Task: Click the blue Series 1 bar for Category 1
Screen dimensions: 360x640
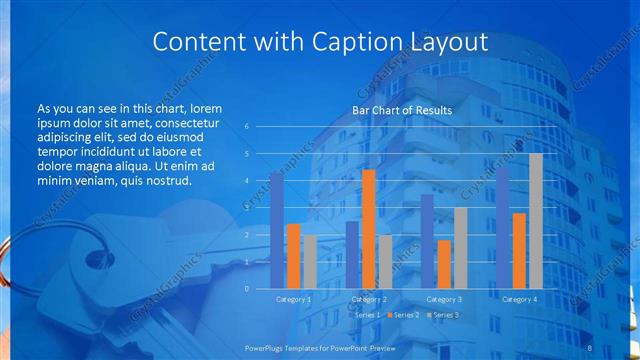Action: click(276, 230)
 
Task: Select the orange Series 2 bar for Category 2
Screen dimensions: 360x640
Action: click(368, 229)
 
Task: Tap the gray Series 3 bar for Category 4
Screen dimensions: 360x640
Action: click(535, 221)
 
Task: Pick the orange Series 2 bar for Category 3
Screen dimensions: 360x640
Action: click(443, 264)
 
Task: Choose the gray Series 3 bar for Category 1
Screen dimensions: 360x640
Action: click(310, 262)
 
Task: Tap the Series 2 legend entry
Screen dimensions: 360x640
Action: click(403, 315)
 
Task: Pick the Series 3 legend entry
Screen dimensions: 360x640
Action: click(442, 315)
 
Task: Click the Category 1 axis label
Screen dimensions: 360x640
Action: click(293, 299)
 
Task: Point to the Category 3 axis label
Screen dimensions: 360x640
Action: click(443, 299)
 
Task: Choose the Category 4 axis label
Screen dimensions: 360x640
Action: click(518, 299)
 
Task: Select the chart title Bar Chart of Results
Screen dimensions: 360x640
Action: click(402, 110)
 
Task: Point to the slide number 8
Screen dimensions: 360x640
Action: click(590, 347)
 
